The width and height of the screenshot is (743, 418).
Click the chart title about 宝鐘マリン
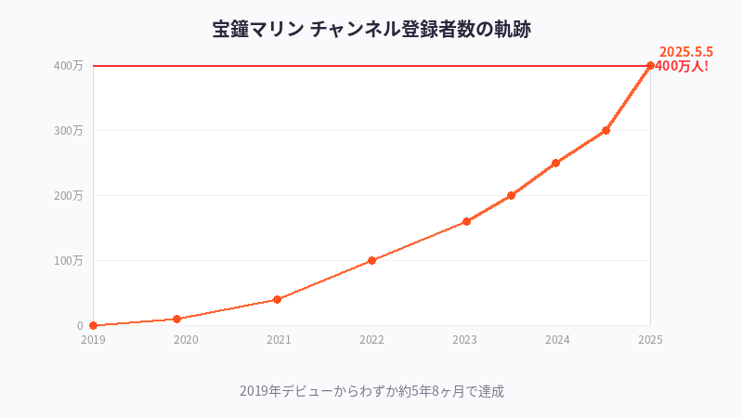(x=371, y=29)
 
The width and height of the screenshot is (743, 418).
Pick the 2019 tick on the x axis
(x=93, y=340)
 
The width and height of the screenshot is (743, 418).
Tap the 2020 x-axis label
(x=186, y=340)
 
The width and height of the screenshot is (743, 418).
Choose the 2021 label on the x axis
(x=279, y=340)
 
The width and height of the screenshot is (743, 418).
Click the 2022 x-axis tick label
(x=371, y=340)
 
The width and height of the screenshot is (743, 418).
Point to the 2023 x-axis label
(x=464, y=340)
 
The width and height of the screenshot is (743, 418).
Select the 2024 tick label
(x=557, y=340)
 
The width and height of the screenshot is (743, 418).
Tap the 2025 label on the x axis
(x=650, y=340)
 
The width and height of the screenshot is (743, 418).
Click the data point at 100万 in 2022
(x=371, y=260)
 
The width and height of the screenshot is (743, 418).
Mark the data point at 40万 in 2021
(x=278, y=299)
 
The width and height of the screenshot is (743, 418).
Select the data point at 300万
(x=606, y=130)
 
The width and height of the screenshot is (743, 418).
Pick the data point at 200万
(x=511, y=195)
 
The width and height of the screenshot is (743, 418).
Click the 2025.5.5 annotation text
(x=685, y=52)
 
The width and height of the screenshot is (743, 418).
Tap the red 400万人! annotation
(x=682, y=66)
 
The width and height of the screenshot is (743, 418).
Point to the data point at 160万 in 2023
(x=466, y=221)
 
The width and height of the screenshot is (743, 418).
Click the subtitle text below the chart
(x=371, y=391)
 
